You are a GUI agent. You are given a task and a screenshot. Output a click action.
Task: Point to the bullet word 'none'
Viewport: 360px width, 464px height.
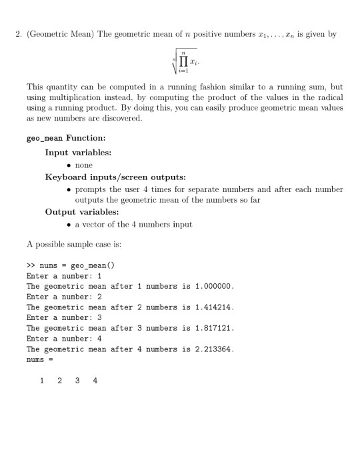84,165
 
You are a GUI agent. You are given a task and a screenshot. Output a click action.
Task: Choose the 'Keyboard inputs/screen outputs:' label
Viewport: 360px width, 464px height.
110,177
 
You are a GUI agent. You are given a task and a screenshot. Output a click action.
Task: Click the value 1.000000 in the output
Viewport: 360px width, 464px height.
213,287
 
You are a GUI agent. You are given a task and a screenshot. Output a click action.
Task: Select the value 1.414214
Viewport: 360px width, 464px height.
213,308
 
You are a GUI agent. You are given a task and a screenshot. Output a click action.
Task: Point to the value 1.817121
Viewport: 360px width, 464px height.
213,329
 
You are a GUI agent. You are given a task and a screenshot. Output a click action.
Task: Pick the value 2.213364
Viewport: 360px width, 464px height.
213,350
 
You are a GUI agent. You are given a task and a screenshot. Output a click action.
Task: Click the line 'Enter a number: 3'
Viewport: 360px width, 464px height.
63,319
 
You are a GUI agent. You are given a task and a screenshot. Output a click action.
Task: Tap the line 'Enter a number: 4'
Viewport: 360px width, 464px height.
63,339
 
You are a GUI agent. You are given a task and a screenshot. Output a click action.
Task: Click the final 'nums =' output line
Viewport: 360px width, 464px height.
39,360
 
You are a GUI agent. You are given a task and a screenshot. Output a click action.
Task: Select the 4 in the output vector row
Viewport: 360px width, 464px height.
94,381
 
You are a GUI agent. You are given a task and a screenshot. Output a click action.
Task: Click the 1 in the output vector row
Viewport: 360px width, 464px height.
42,381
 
